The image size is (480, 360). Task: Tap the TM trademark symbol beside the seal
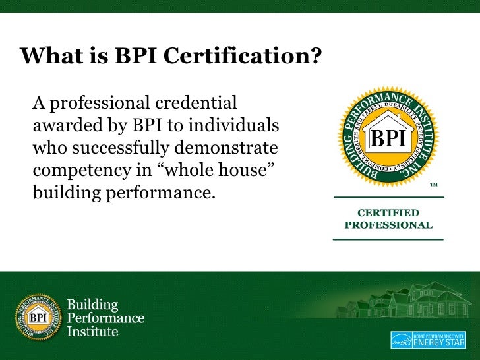(434, 184)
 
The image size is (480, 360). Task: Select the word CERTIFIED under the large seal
(388, 213)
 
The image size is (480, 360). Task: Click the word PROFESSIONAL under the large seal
(388, 225)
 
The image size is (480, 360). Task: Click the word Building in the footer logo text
(92, 305)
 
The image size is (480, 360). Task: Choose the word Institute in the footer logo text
(93, 331)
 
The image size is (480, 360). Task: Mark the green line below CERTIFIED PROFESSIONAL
(388, 239)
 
